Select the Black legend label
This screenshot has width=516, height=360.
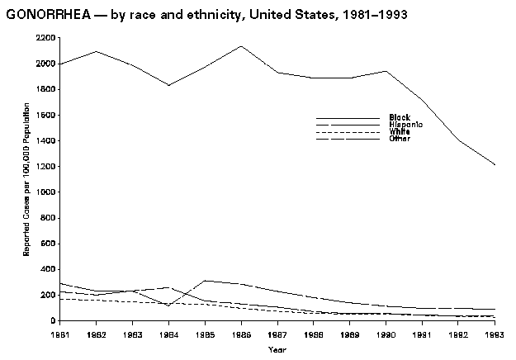pyautogui.click(x=389, y=117)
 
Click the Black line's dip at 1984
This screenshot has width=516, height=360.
pyautogui.click(x=168, y=85)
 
